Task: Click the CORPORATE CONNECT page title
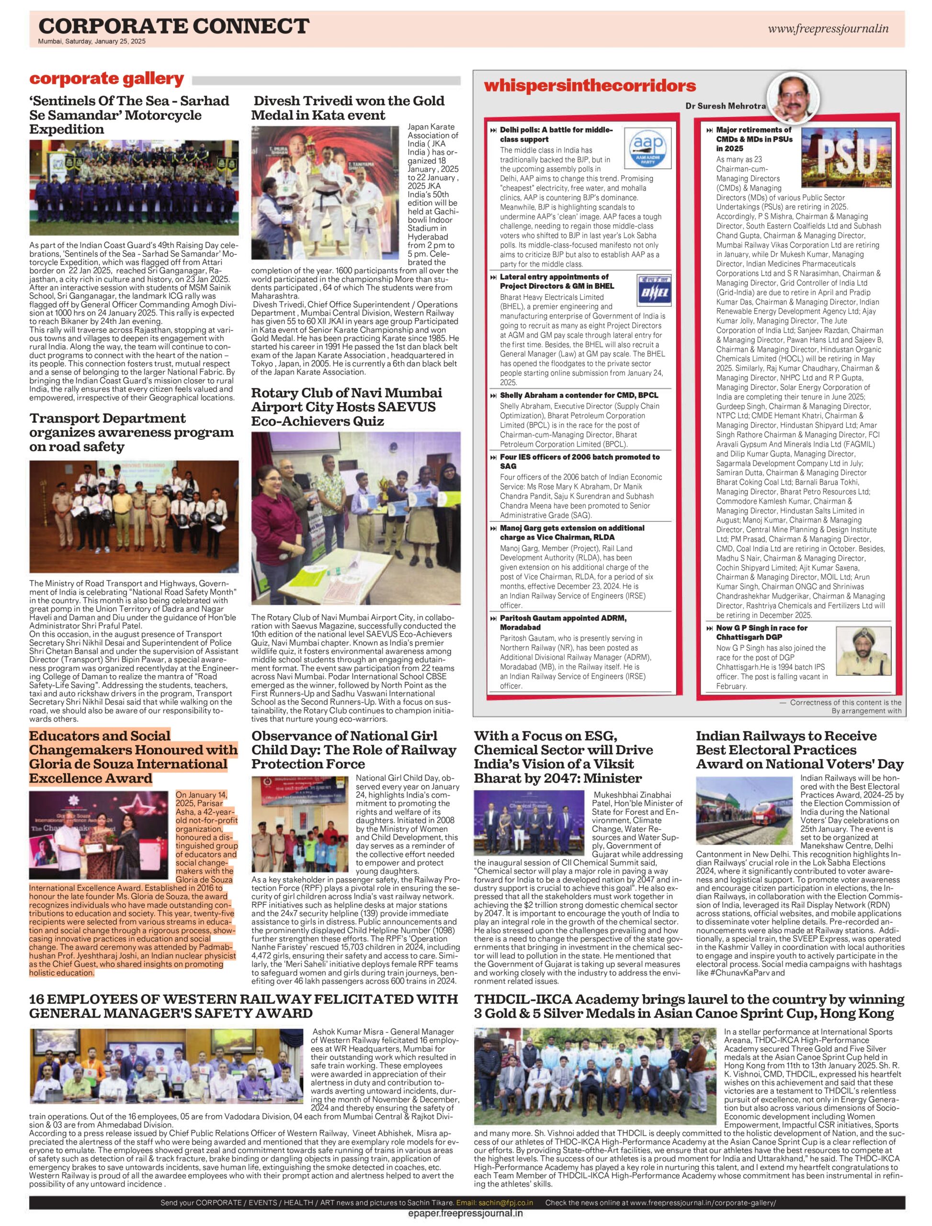173,25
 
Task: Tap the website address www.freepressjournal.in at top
828,29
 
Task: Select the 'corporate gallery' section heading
106,79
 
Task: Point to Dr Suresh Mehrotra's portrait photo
793,98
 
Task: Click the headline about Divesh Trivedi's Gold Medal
348,108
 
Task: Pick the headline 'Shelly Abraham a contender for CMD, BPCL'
579,395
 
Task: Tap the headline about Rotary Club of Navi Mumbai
347,407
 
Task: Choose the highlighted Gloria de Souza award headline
133,757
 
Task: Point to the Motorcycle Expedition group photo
134,188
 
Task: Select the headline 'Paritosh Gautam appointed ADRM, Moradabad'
563,622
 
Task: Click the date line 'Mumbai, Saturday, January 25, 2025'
92,41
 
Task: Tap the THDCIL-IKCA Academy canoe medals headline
689,1006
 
